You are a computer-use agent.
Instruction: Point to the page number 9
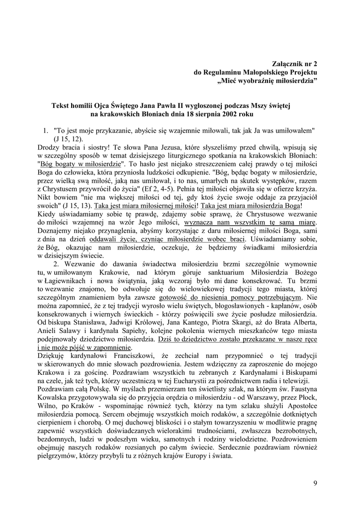click(315, 483)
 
